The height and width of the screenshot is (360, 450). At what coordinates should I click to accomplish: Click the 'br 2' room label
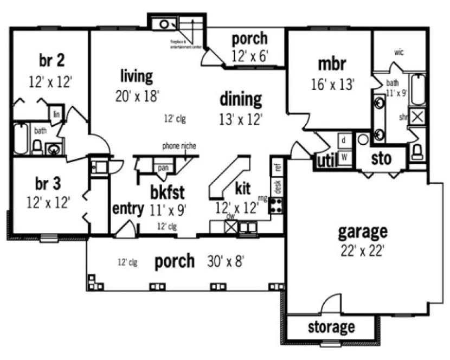[x=50, y=59]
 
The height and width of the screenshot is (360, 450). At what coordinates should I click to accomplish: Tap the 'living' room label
[x=136, y=75]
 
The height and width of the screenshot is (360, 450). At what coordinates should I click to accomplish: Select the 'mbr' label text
[x=332, y=63]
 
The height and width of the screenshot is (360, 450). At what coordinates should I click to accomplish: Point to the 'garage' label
[x=363, y=231]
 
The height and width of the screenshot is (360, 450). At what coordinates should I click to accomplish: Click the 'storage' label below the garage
[x=331, y=327]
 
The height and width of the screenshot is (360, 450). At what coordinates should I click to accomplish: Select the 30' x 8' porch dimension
[x=226, y=262]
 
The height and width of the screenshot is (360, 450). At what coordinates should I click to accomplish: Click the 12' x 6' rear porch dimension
[x=249, y=56]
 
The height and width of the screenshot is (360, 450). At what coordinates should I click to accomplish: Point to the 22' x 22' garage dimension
[x=362, y=250]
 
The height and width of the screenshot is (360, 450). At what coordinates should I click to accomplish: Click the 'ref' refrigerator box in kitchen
[x=278, y=167]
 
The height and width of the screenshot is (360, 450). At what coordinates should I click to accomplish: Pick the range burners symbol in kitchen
[x=277, y=205]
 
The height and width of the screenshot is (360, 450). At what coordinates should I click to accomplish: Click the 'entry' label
[x=128, y=208]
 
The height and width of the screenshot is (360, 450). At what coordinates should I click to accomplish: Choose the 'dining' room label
[x=241, y=99]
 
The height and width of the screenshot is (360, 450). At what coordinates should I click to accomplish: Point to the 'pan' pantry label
[x=162, y=168]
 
